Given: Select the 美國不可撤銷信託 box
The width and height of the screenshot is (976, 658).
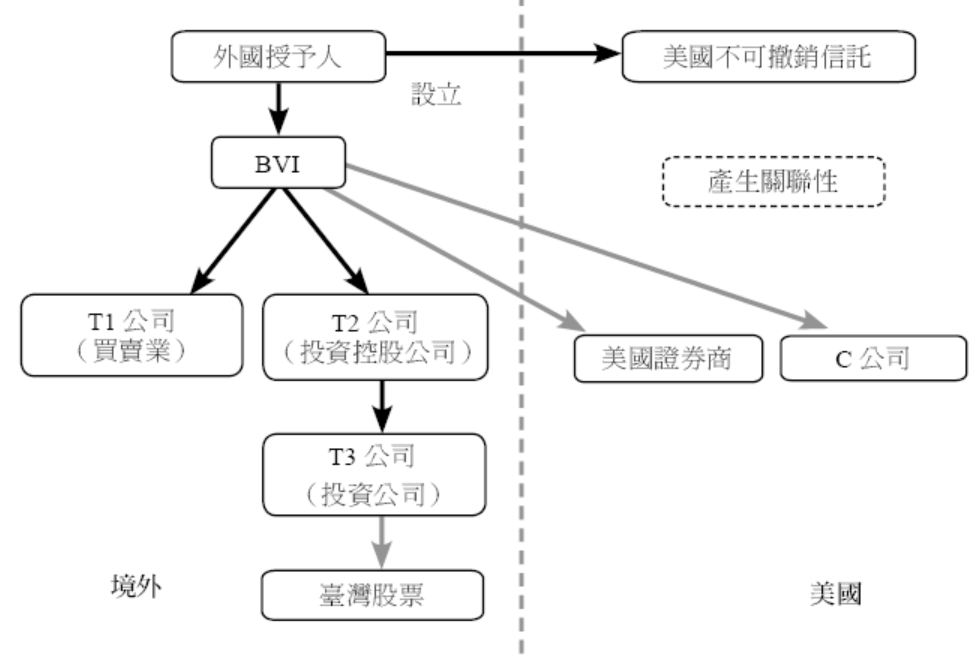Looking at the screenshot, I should tap(768, 56).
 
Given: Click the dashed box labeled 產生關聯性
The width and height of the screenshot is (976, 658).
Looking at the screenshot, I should tap(774, 182).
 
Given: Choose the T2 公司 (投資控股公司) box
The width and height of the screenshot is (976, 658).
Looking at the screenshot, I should tap(374, 336).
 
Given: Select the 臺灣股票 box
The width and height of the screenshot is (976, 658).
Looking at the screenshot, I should tap(372, 594).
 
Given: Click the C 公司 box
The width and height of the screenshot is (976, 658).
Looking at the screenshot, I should tap(873, 358).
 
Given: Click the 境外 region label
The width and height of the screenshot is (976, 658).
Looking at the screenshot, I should tap(136, 587).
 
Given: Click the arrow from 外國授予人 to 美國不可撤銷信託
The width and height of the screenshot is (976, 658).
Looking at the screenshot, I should tap(500, 54).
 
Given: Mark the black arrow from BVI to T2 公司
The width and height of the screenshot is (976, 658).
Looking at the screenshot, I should tap(322, 239).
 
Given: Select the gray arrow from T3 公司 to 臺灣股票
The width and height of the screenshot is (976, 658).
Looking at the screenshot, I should tap(379, 540).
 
